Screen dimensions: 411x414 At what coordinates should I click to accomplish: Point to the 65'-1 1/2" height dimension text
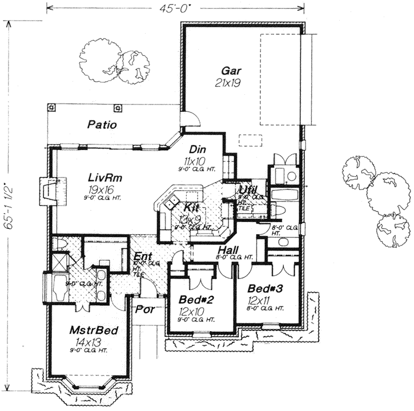point(9,205)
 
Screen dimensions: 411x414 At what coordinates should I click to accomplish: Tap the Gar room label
point(231,71)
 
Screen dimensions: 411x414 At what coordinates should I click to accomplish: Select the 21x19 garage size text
point(231,83)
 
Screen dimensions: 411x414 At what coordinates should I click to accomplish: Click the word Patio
point(102,124)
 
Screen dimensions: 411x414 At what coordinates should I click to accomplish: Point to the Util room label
point(247,189)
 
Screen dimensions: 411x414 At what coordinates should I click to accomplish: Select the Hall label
point(227,249)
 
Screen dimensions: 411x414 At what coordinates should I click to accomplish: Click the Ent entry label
point(142,256)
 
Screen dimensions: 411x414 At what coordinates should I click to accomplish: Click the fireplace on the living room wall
point(47,188)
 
